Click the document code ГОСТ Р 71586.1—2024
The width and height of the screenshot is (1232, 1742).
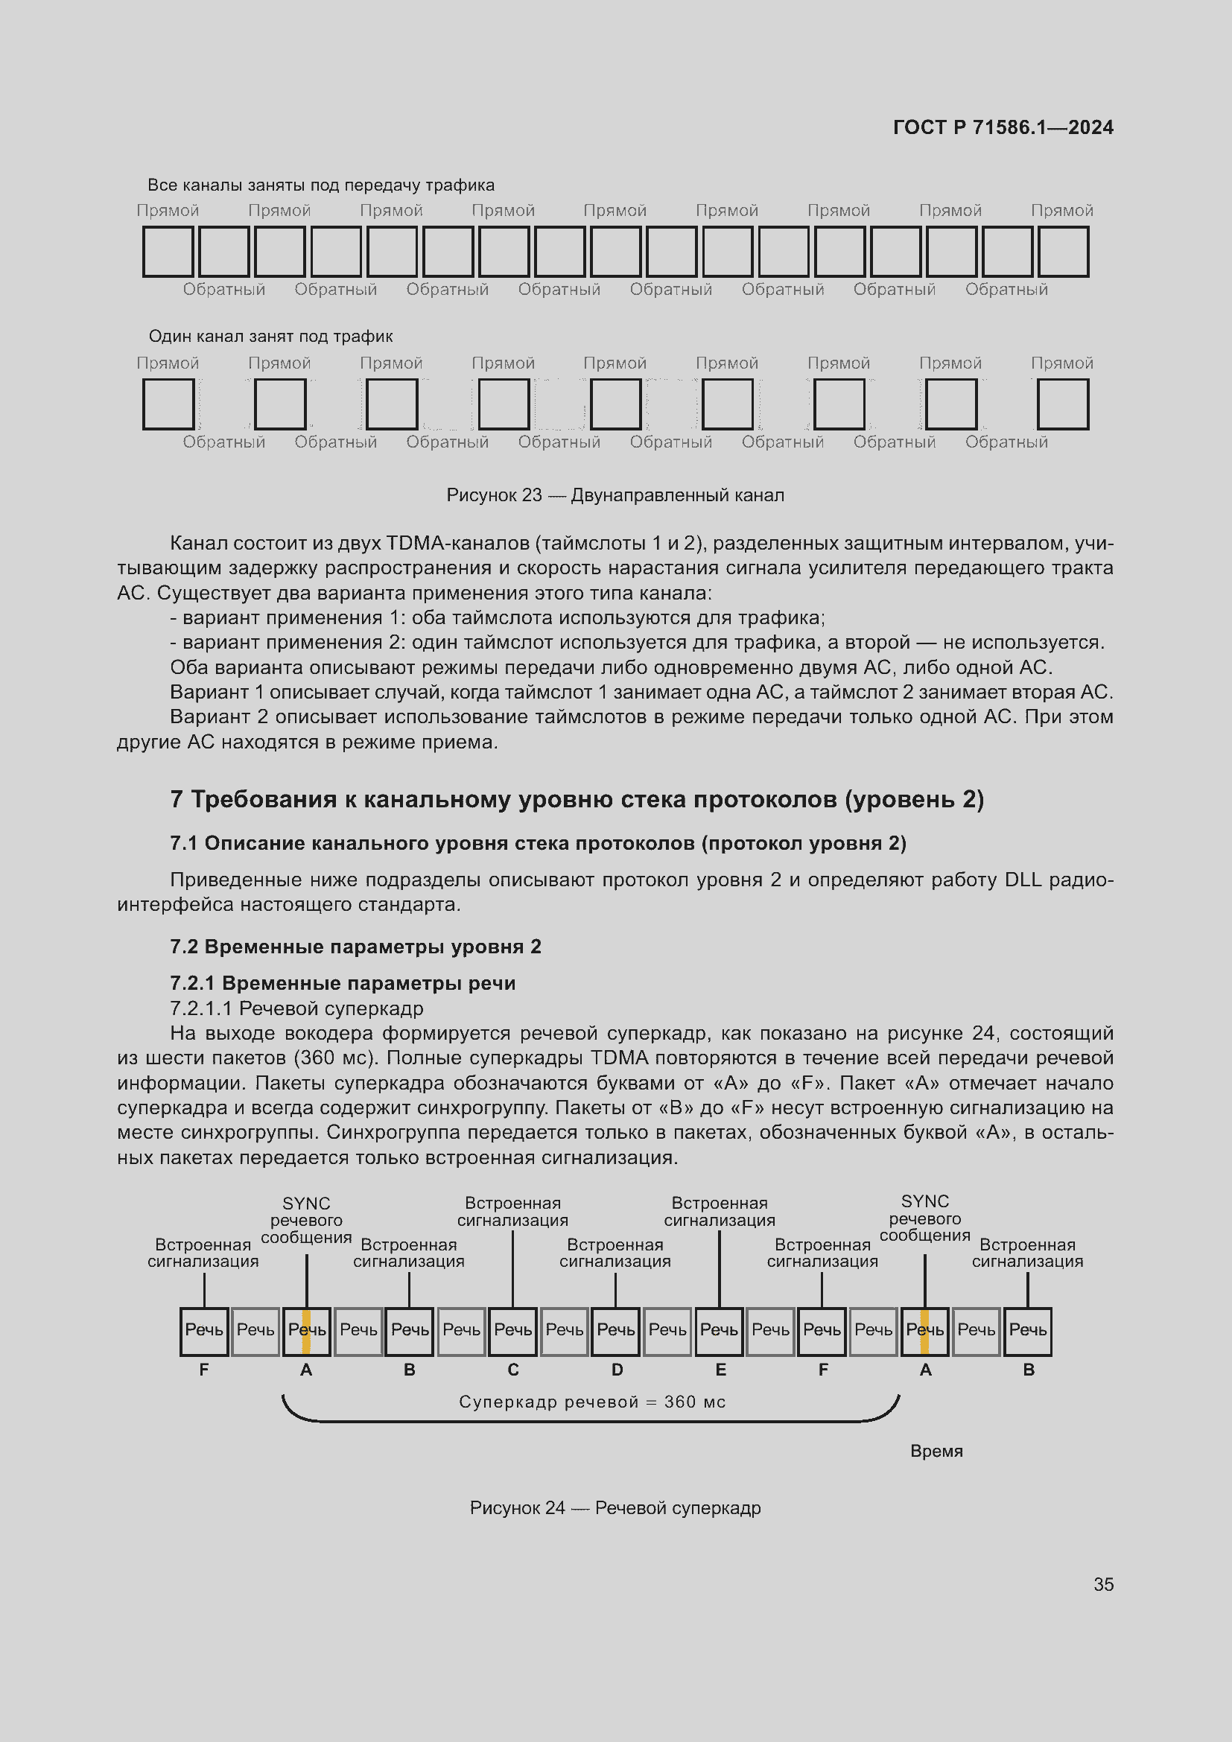[x=1002, y=127]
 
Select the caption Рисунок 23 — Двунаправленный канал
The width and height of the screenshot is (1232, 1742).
[x=615, y=495]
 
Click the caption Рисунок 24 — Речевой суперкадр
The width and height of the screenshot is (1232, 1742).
[x=615, y=1507]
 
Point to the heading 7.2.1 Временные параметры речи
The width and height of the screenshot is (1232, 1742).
[x=342, y=983]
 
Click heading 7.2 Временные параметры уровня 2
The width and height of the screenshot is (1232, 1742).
[x=355, y=947]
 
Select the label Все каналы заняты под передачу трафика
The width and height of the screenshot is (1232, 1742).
[x=320, y=185]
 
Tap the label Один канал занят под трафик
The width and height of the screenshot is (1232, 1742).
[x=270, y=336]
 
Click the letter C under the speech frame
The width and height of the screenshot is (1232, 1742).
[x=512, y=1370]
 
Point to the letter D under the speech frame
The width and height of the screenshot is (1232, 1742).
[x=617, y=1370]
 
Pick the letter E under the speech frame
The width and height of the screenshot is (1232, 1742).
[x=720, y=1370]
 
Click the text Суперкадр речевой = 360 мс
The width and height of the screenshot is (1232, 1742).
[x=591, y=1402]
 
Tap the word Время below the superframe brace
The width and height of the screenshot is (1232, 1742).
[x=936, y=1451]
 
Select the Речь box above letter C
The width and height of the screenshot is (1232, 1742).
[x=512, y=1330]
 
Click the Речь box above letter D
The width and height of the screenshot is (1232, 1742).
[x=616, y=1330]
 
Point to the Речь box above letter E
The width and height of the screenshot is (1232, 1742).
[x=720, y=1330]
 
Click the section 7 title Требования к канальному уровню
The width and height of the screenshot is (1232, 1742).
[x=577, y=800]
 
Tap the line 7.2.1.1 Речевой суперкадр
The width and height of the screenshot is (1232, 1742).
[x=296, y=1008]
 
